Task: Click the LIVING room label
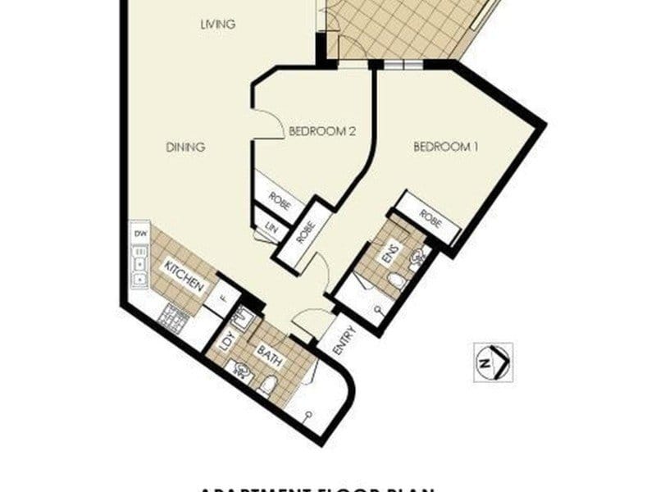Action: click(x=218, y=25)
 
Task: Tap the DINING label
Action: click(x=185, y=148)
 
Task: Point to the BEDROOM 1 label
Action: click(x=445, y=148)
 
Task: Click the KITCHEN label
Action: click(x=184, y=276)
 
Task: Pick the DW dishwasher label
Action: click(x=139, y=235)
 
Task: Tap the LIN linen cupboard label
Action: click(x=268, y=228)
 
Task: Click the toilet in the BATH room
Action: click(x=269, y=384)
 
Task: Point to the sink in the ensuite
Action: click(x=417, y=259)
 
